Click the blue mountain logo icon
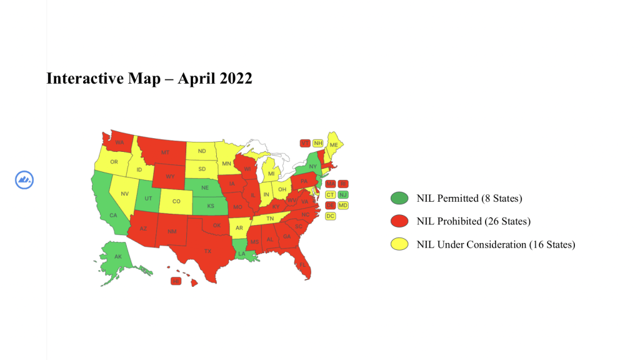24,180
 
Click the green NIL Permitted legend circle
398,199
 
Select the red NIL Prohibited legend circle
398,221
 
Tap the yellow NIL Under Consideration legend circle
398,244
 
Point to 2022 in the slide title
236,79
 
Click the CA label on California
113,216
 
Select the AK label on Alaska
117,257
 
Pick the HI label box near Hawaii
176,281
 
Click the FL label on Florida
302,264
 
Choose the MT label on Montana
165,152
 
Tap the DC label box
331,216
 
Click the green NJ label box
343,194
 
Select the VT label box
305,142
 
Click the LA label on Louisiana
241,254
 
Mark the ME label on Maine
334,145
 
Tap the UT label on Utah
148,198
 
